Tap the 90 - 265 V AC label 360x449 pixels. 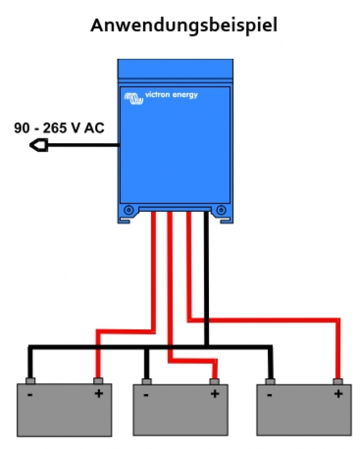[x=58, y=128]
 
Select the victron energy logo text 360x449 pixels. [x=171, y=95]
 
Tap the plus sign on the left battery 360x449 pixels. [x=98, y=393]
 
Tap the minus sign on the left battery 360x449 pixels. [x=30, y=395]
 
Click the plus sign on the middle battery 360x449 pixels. [x=214, y=393]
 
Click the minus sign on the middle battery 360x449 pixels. [x=145, y=395]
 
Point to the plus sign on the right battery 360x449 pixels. [x=338, y=393]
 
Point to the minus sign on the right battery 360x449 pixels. [x=270, y=395]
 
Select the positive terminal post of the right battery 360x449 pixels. [x=338, y=381]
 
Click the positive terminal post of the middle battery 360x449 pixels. [x=214, y=381]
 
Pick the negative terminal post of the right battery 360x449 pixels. [x=270, y=381]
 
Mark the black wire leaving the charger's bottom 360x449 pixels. [x=207, y=275]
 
